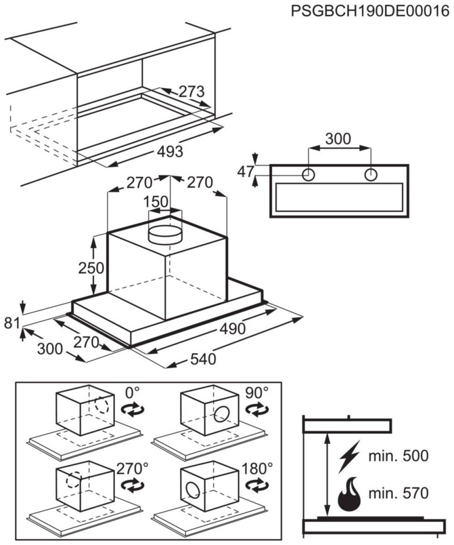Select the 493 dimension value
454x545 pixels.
pyautogui.click(x=169, y=152)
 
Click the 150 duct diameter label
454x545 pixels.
pyautogui.click(x=156, y=202)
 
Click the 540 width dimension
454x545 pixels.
pyautogui.click(x=203, y=359)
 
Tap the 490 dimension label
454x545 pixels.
pyautogui.click(x=233, y=329)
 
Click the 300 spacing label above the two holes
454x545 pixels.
pyautogui.click(x=338, y=139)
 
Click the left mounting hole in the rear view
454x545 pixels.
pyautogui.click(x=309, y=174)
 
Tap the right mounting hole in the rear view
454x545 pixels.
pyautogui.click(x=370, y=174)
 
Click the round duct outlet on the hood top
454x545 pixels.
pyautogui.click(x=165, y=232)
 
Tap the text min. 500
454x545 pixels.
pyautogui.click(x=399, y=456)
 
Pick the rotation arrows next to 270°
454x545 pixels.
pyautogui.click(x=134, y=485)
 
